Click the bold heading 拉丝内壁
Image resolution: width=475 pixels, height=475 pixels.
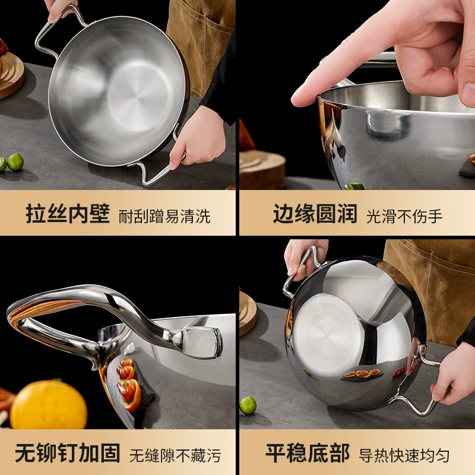[x=68, y=214]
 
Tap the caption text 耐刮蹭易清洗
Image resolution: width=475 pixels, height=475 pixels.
[x=164, y=216]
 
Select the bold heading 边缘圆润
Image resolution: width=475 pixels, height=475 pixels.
[x=315, y=214]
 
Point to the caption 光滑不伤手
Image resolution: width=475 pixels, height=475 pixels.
[x=404, y=216]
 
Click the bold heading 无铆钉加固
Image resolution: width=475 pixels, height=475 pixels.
[x=68, y=452]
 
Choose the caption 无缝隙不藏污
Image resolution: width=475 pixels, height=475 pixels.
[x=175, y=455]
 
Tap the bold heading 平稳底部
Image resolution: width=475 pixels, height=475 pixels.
[x=308, y=452]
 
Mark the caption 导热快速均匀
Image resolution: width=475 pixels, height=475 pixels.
[x=404, y=455]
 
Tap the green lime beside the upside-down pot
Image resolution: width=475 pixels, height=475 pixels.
[x=248, y=405]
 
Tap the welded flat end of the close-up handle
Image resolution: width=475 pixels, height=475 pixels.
[x=200, y=342]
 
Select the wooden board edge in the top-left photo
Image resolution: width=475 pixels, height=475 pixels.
[x=11, y=75]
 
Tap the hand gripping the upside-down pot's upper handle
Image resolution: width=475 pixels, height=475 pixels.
[x=305, y=258]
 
